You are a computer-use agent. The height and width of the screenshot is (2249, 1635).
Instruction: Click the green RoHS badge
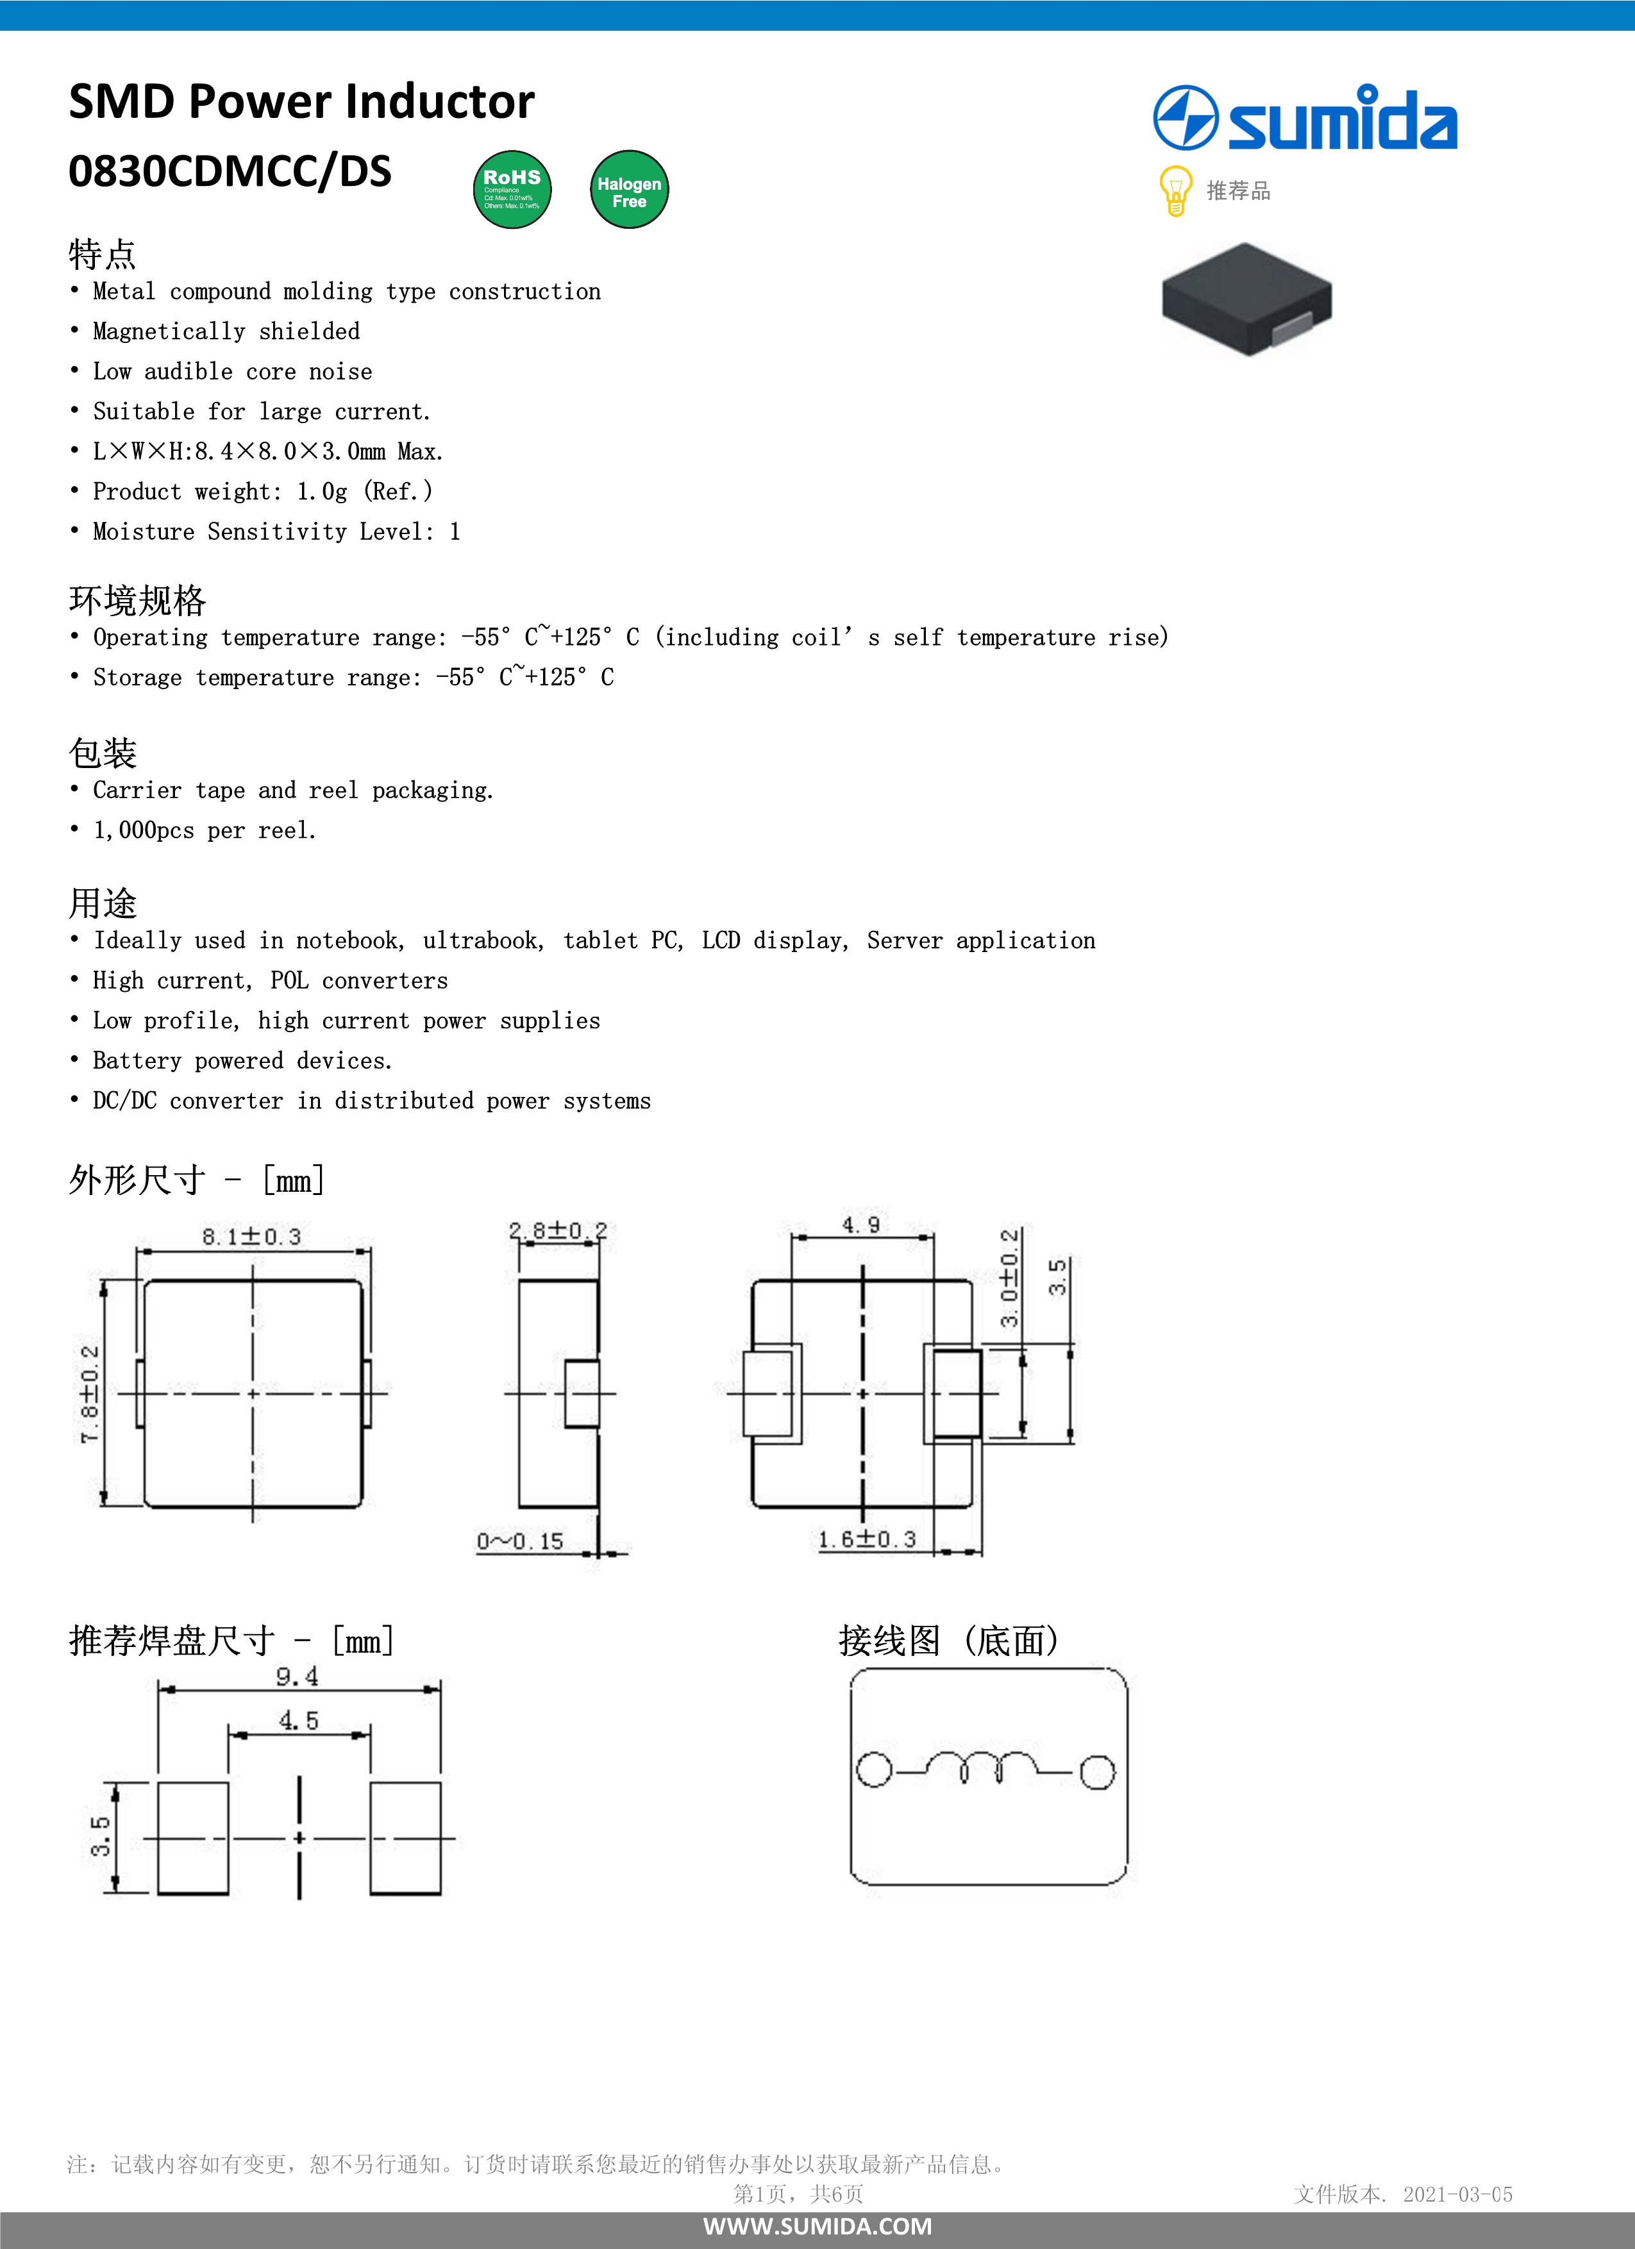[x=512, y=189]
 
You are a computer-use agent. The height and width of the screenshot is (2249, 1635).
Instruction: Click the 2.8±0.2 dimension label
[x=557, y=1232]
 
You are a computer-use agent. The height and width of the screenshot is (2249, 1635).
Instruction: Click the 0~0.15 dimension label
[x=519, y=1542]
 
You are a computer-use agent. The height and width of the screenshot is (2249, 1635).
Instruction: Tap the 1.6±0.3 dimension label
[x=867, y=1539]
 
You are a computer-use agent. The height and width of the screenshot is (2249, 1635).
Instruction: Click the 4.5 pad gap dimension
[x=298, y=1721]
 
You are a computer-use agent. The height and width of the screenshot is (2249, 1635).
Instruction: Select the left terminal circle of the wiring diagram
[x=873, y=1770]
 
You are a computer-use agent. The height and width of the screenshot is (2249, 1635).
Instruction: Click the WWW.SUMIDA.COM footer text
[x=817, y=2226]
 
